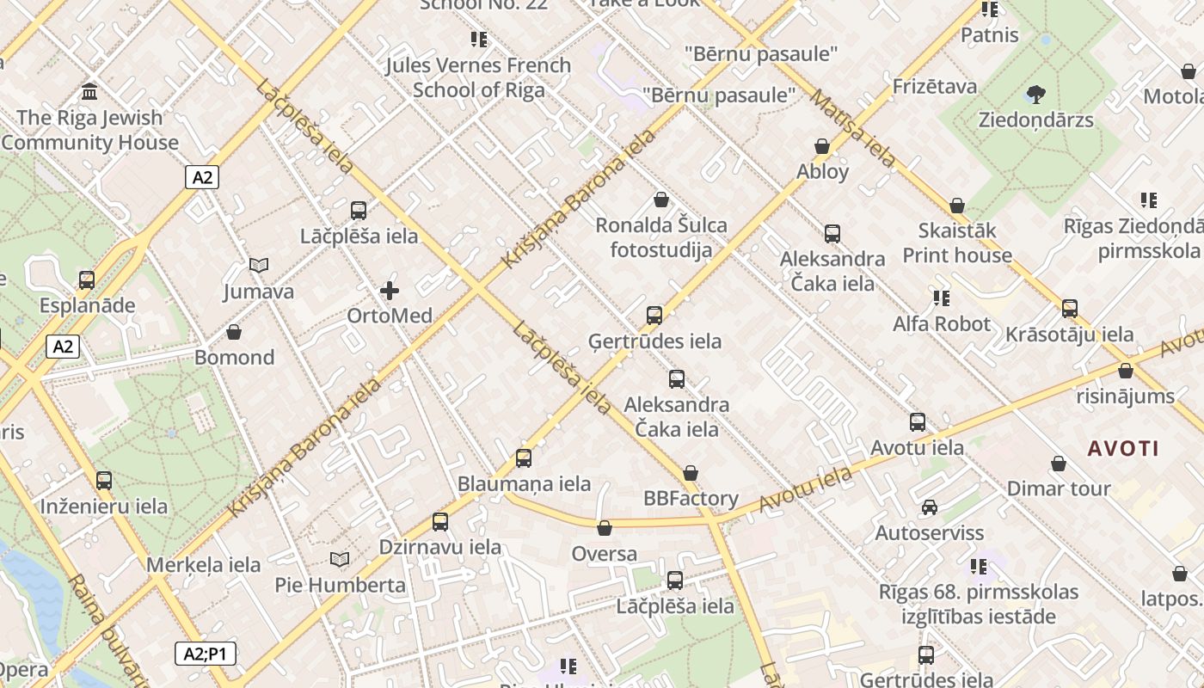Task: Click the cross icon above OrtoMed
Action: (x=390, y=291)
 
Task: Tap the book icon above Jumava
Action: (x=259, y=266)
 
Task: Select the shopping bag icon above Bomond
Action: (x=234, y=332)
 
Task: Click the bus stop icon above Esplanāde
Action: (x=87, y=279)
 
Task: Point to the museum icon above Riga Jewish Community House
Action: (x=89, y=91)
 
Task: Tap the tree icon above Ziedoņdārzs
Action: (x=1035, y=94)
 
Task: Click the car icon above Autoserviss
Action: (x=930, y=507)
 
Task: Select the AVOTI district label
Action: (x=1123, y=448)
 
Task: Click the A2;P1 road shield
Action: (x=206, y=654)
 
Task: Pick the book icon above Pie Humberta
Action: (x=340, y=560)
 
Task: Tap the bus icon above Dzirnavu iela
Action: (x=440, y=521)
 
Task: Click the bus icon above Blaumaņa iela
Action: (x=524, y=458)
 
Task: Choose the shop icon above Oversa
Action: (x=605, y=528)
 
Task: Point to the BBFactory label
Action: (x=691, y=499)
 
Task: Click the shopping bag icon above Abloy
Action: (x=822, y=146)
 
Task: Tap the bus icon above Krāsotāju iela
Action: (x=1070, y=309)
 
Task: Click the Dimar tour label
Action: (x=1059, y=488)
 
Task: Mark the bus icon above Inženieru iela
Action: (x=104, y=481)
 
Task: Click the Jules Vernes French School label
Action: (x=478, y=77)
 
